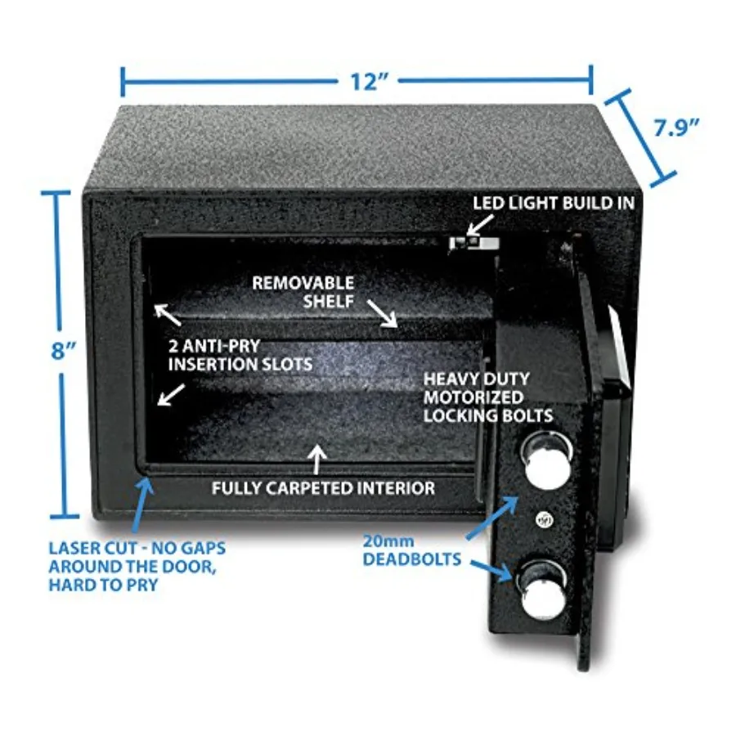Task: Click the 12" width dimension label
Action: [x=370, y=81]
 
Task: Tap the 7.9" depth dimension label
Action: [x=677, y=128]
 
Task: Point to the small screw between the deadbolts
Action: [x=545, y=519]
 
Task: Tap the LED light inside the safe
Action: [x=473, y=242]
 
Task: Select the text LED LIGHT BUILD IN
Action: [x=554, y=203]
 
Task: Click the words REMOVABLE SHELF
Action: [x=303, y=291]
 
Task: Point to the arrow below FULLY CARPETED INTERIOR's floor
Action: [x=318, y=459]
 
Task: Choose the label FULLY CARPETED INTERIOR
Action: [x=323, y=488]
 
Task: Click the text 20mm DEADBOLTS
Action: [x=411, y=550]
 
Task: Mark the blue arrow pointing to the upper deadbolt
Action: [x=492, y=517]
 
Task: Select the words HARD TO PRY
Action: [x=103, y=585]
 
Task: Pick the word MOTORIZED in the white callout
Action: [x=473, y=397]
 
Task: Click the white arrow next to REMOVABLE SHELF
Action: [x=382, y=313]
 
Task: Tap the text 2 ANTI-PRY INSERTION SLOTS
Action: [x=240, y=355]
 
